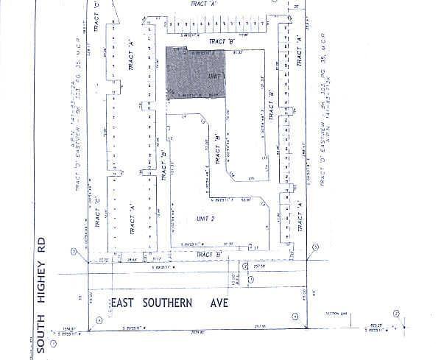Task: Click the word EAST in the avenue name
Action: click(x=125, y=303)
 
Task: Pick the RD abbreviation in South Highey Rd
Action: click(x=42, y=242)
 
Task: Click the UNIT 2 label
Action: click(x=205, y=219)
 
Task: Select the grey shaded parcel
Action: click(x=194, y=74)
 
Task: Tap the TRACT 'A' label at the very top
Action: click(x=204, y=4)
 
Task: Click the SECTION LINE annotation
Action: click(x=338, y=314)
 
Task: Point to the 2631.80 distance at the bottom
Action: click(x=197, y=333)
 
